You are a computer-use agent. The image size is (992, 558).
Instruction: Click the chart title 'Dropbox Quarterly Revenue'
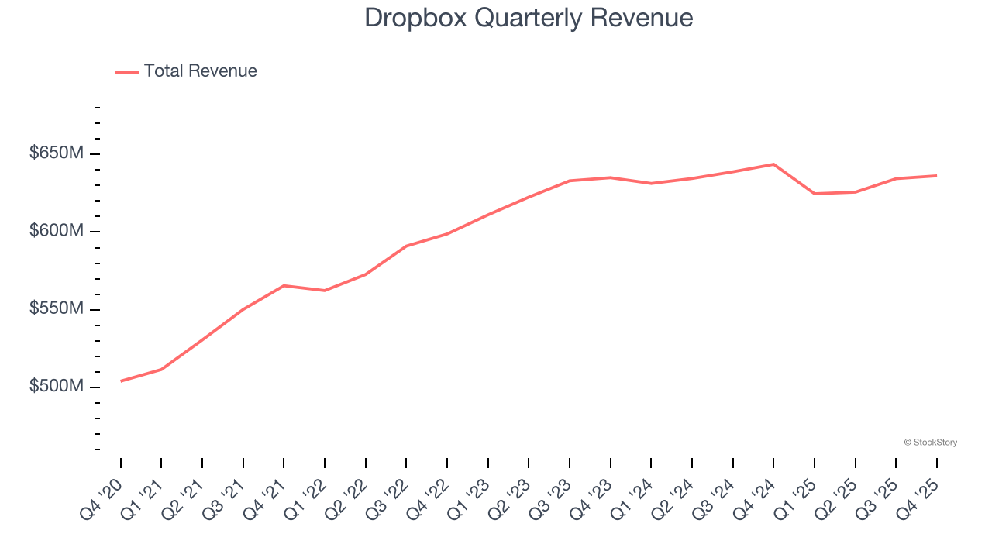[529, 18]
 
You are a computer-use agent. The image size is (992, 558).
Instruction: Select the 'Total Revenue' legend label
[200, 71]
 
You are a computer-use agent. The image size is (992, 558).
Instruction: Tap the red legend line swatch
[126, 72]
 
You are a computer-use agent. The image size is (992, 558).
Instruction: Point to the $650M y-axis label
[56, 153]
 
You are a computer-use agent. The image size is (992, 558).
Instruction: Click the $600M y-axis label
[56, 232]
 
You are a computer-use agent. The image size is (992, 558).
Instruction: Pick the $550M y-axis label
[56, 309]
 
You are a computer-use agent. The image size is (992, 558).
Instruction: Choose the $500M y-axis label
[56, 387]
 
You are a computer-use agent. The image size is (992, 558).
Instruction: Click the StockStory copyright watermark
[930, 443]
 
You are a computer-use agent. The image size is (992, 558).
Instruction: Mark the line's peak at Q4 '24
[773, 164]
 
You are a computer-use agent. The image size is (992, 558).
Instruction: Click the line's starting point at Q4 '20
[121, 381]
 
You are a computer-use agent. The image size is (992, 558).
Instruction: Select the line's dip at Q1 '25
[815, 193]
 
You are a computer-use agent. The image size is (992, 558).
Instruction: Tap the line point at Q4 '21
[284, 286]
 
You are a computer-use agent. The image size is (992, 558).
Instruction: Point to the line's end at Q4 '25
[936, 176]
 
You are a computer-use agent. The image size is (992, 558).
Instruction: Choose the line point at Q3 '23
[570, 181]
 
